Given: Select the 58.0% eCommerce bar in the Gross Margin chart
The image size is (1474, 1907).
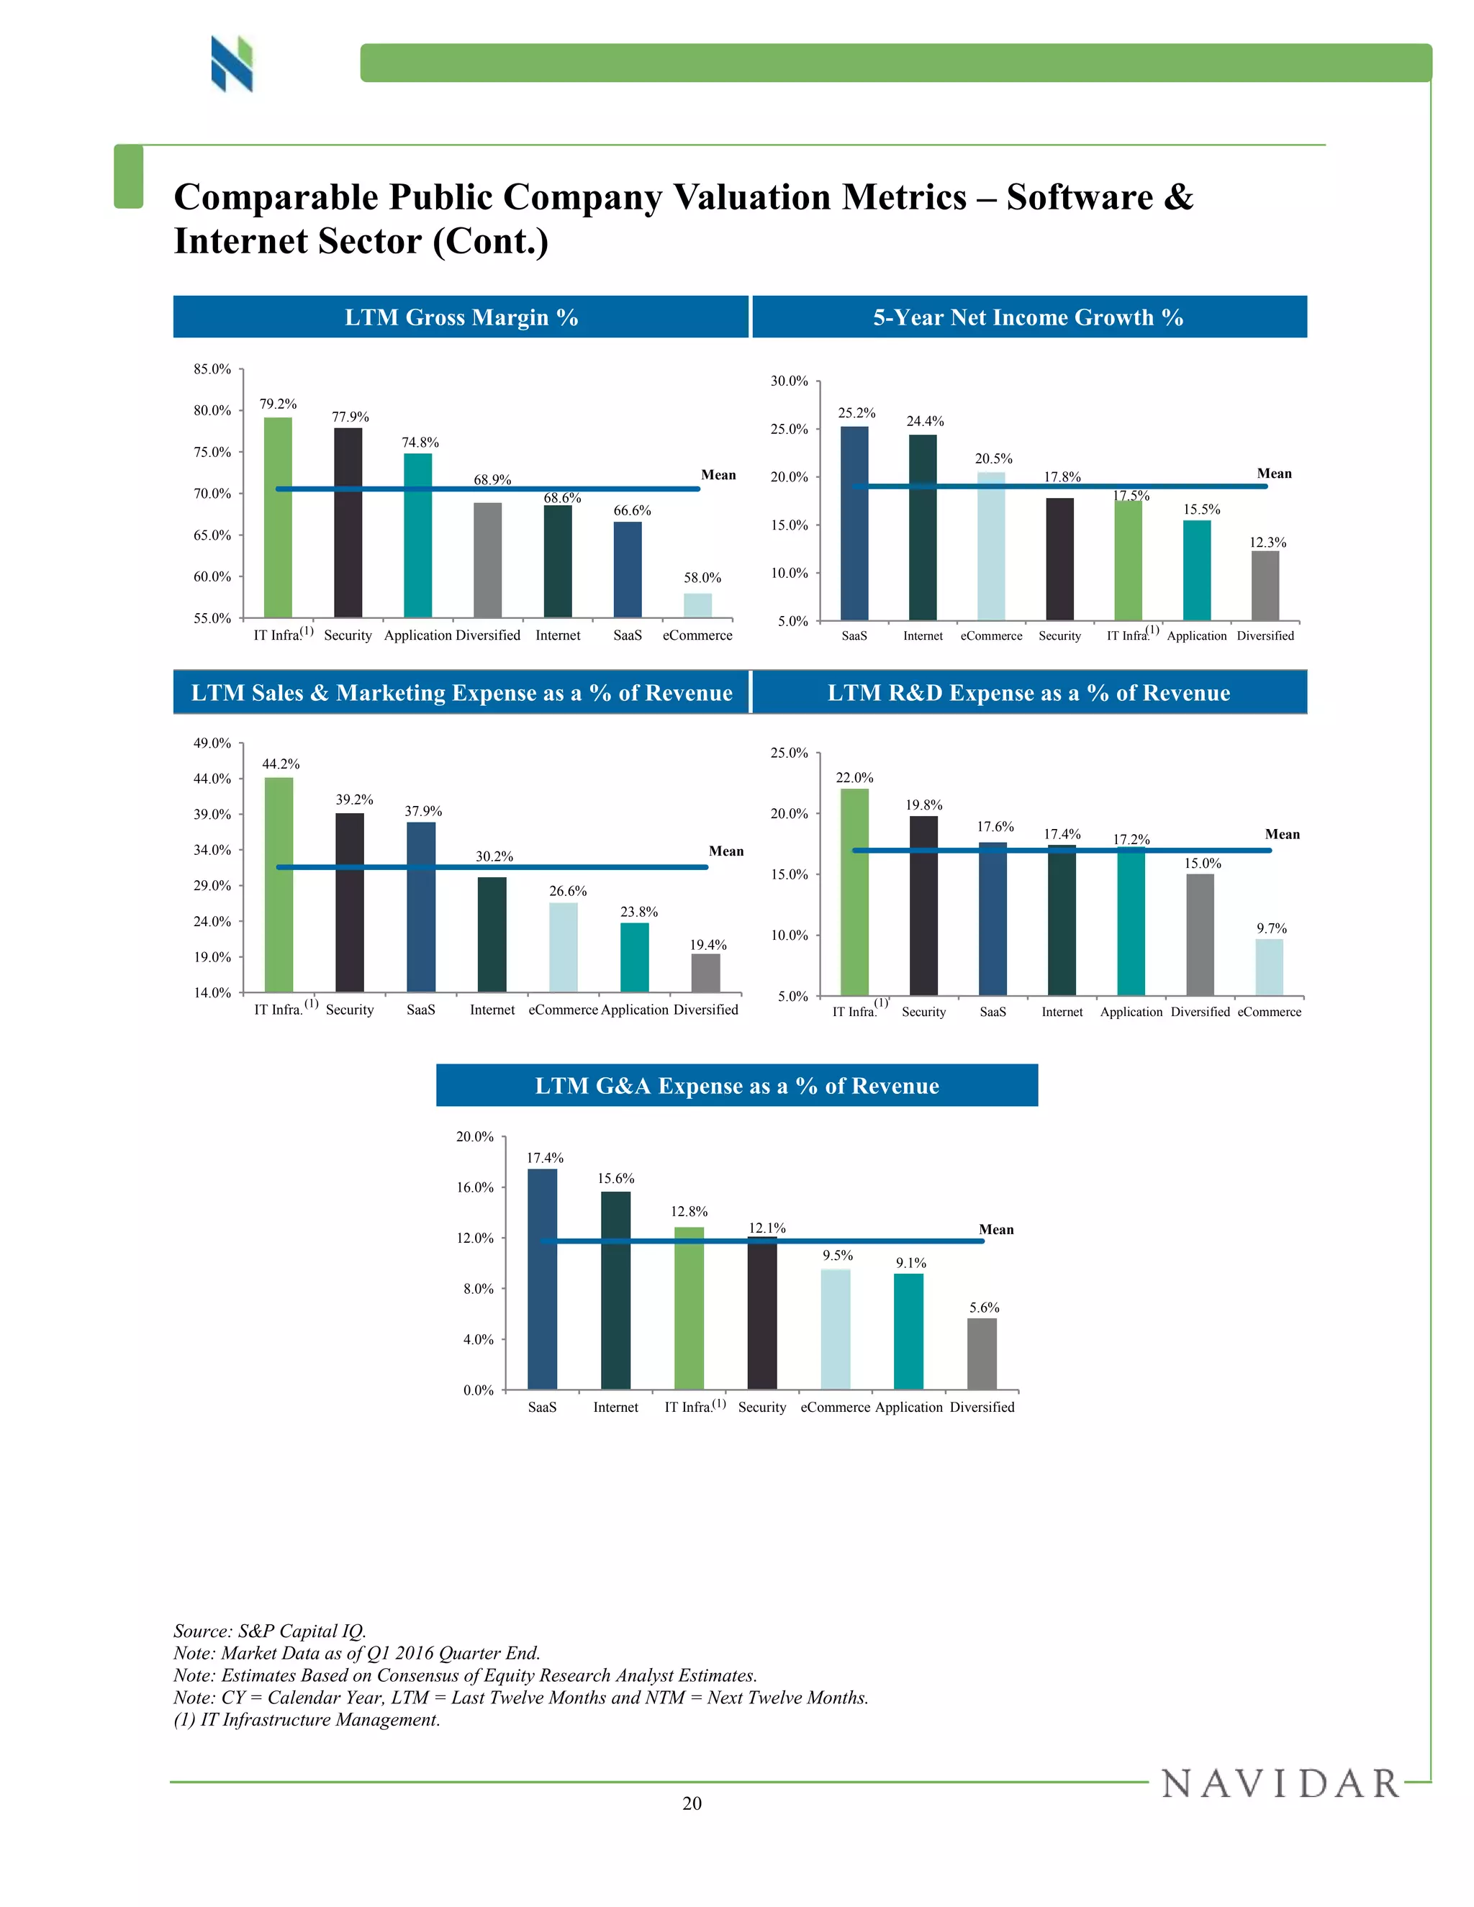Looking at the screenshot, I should tap(697, 605).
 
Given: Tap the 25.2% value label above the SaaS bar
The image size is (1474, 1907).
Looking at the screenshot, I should tap(856, 413).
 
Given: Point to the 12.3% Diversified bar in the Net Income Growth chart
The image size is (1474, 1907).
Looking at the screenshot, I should tap(1265, 585).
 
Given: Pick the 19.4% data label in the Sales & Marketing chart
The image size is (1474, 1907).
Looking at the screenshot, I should tap(707, 945).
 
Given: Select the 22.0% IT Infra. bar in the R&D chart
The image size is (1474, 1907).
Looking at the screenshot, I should tap(854, 892).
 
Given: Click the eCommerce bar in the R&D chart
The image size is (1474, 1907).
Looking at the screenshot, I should tap(1269, 966).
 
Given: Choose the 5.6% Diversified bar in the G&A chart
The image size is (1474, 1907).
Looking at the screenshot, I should tap(982, 1354).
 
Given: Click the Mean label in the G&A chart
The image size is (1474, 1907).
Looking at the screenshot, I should tap(995, 1229).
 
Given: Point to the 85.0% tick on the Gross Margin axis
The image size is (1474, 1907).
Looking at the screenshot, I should tap(212, 369).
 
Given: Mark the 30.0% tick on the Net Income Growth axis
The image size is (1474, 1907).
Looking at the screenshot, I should tap(789, 381).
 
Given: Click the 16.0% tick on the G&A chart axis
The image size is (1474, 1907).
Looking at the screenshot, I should tap(475, 1187).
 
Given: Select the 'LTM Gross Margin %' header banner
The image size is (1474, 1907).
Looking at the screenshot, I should tap(461, 317).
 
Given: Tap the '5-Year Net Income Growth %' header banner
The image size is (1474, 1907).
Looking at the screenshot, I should tap(1028, 317).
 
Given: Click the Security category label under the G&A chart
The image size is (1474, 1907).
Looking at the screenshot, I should tap(761, 1407).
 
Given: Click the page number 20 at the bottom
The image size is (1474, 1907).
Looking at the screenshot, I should tap(692, 1803).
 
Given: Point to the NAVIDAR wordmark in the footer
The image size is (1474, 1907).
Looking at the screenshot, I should tap(1280, 1784).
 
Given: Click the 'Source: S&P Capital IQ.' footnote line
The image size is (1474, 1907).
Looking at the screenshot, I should tap(270, 1631).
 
